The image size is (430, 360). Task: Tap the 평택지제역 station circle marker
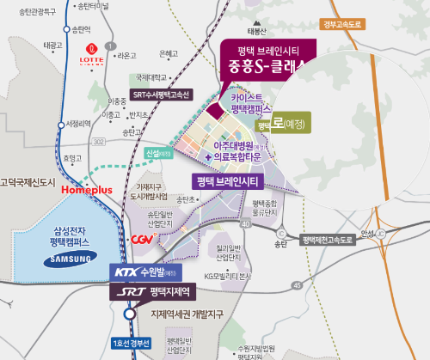[128, 314]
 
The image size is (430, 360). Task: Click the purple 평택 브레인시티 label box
[228, 181]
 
